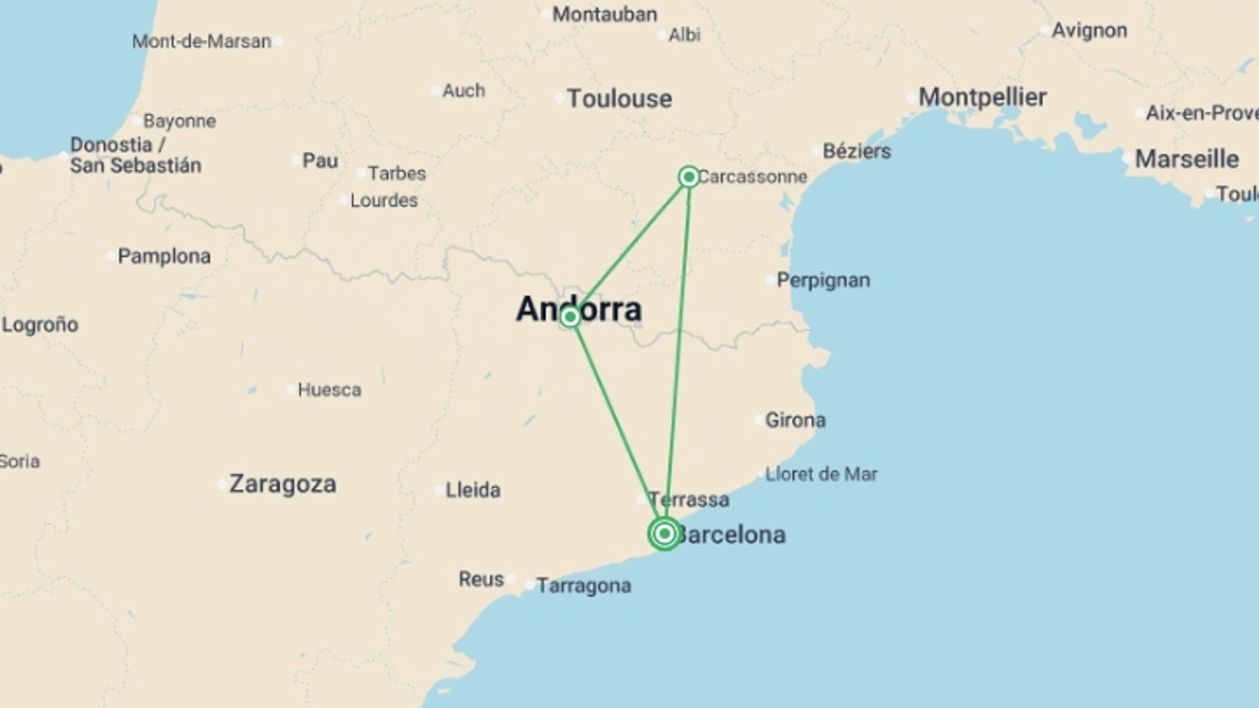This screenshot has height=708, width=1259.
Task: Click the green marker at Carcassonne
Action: [689, 176]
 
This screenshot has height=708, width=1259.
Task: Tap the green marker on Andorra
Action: [570, 317]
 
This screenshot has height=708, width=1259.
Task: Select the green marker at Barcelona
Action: [664, 534]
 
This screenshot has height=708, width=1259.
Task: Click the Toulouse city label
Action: [619, 99]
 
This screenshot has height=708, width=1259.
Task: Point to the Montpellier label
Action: [982, 97]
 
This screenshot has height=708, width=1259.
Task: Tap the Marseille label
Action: [1186, 159]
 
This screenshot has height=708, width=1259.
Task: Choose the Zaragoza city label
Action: [283, 484]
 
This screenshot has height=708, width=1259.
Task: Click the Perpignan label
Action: [823, 281]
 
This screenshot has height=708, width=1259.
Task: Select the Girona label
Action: [795, 420]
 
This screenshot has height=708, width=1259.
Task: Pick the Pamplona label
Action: [164, 256]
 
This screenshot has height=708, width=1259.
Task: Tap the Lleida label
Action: [472, 490]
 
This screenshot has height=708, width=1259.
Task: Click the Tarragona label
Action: [584, 585]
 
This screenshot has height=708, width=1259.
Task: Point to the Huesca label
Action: [329, 390]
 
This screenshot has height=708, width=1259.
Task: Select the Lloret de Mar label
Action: [821, 474]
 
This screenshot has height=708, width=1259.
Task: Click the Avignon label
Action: [1089, 31]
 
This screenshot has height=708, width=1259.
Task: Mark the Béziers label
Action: [856, 151]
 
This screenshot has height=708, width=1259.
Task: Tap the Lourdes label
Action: [384, 201]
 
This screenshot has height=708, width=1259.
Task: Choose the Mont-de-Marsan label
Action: [201, 41]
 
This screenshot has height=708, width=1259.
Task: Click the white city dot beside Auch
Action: [436, 90]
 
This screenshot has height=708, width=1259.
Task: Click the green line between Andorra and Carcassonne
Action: [629, 246]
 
